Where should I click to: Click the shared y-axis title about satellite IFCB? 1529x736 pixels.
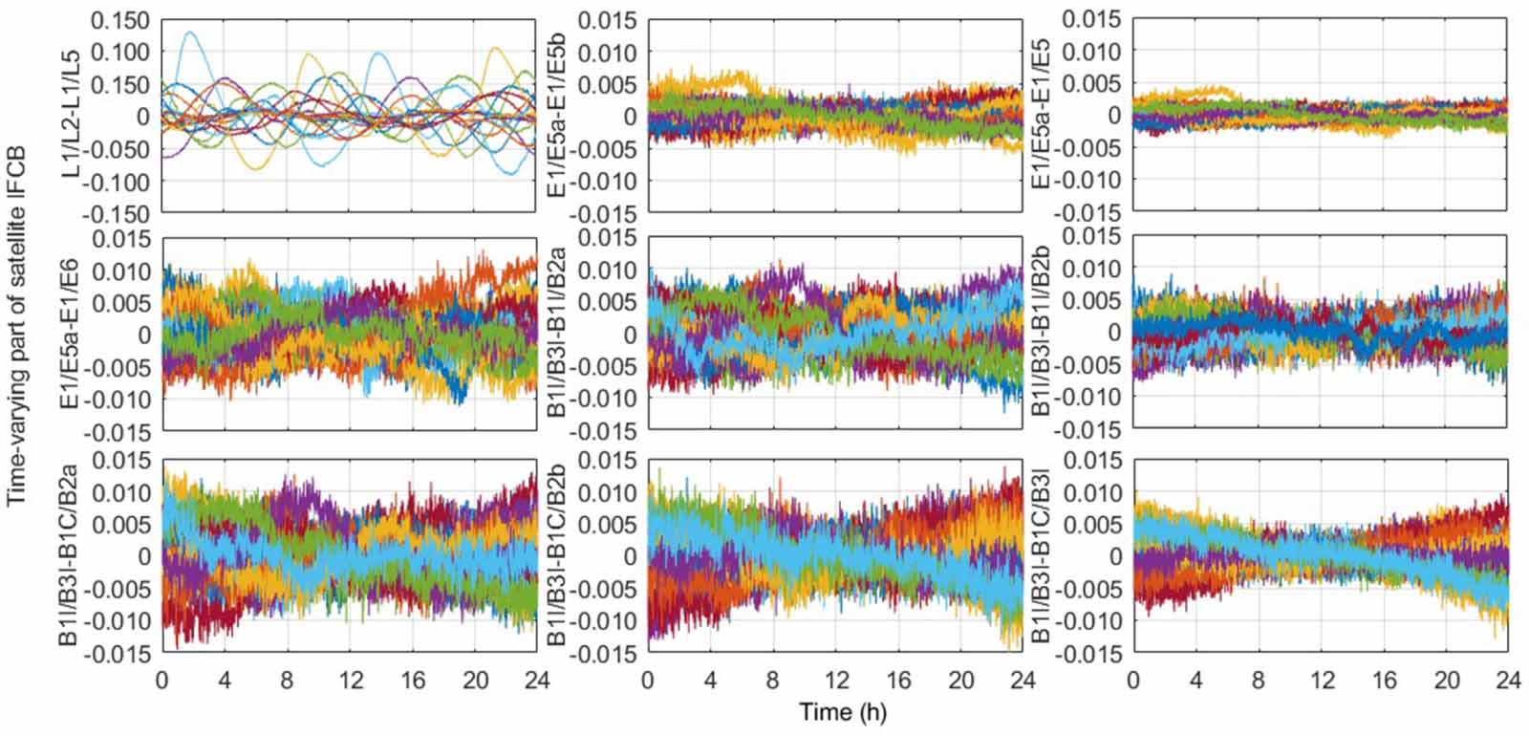(16, 332)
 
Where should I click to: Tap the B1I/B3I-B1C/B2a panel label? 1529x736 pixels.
(71, 556)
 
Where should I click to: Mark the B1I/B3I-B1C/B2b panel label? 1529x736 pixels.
(557, 556)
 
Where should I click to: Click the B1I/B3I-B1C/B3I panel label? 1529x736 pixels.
(1044, 556)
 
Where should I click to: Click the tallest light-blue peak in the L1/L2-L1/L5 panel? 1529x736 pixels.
(191, 32)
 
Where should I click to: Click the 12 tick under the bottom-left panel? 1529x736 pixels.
(351, 681)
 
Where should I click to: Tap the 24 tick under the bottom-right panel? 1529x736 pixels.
(1507, 681)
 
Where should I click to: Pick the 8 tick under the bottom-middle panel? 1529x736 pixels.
(773, 681)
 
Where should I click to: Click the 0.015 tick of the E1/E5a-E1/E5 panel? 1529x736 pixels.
(1094, 20)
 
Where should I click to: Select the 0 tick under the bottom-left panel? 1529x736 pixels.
(162, 681)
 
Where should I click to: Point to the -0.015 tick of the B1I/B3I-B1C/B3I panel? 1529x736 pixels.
(1090, 654)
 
